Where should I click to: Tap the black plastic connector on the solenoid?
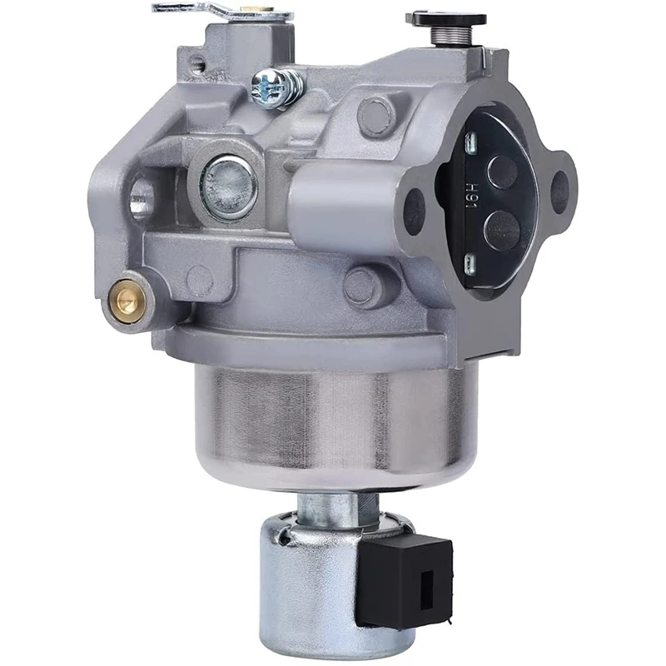405,579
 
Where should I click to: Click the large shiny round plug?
229,185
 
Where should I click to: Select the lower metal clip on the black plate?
470,265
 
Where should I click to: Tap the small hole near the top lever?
198,62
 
